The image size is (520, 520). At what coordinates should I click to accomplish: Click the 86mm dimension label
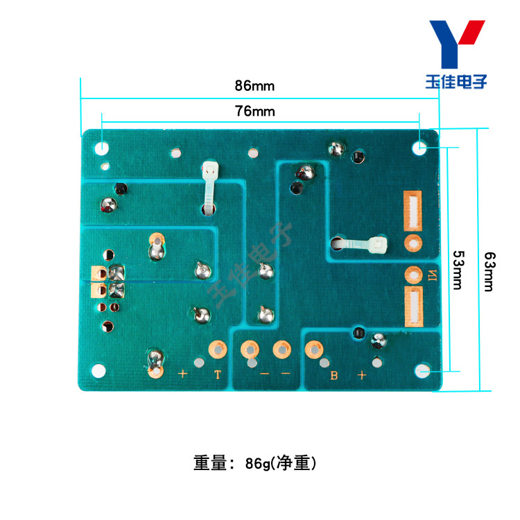click(x=254, y=87)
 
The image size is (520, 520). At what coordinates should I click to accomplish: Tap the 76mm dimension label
click(x=254, y=111)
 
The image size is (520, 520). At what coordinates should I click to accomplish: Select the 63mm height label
click(x=488, y=270)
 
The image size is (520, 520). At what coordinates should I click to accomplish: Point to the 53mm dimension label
click(x=458, y=270)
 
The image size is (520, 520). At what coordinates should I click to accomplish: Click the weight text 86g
click(x=258, y=462)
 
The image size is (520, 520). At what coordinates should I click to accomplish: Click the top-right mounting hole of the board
click(x=420, y=148)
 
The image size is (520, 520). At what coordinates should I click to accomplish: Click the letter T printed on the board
click(x=217, y=375)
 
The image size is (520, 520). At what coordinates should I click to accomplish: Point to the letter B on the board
click(x=333, y=376)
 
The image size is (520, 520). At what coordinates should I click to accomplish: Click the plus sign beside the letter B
click(x=361, y=375)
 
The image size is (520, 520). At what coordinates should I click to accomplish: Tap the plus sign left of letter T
click(x=183, y=374)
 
